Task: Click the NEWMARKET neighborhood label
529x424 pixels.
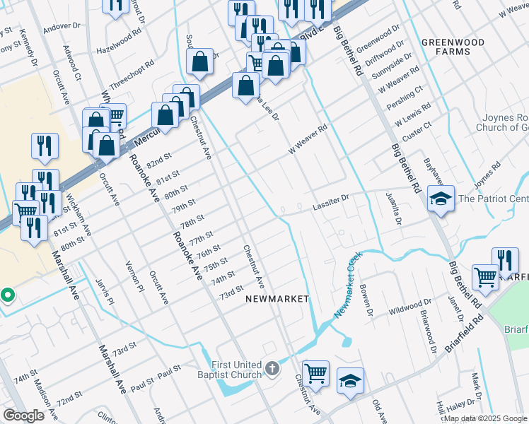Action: (277, 299)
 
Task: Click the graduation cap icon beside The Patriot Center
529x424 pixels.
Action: (440, 199)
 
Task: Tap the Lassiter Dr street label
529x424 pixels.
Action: (331, 204)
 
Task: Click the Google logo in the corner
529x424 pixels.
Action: (24, 416)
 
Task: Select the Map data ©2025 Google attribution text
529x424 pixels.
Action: (484, 418)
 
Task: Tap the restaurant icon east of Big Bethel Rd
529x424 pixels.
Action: (505, 259)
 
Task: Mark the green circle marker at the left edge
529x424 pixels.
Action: (7, 295)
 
